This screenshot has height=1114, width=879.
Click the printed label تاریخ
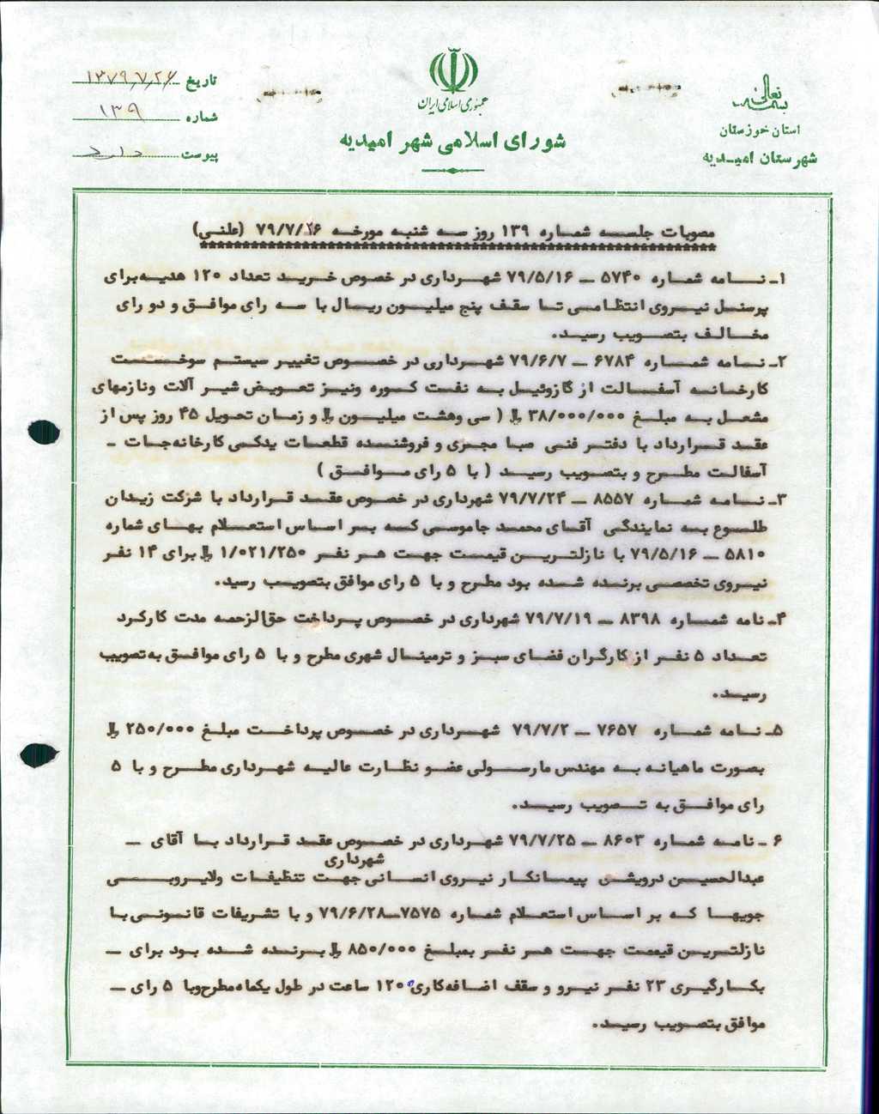pyautogui.click(x=204, y=82)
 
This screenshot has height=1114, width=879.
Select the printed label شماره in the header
pyautogui.click(x=204, y=118)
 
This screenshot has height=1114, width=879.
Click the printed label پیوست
pyautogui.click(x=203, y=155)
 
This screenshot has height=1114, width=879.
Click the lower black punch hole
pyautogui.click(x=37, y=754)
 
